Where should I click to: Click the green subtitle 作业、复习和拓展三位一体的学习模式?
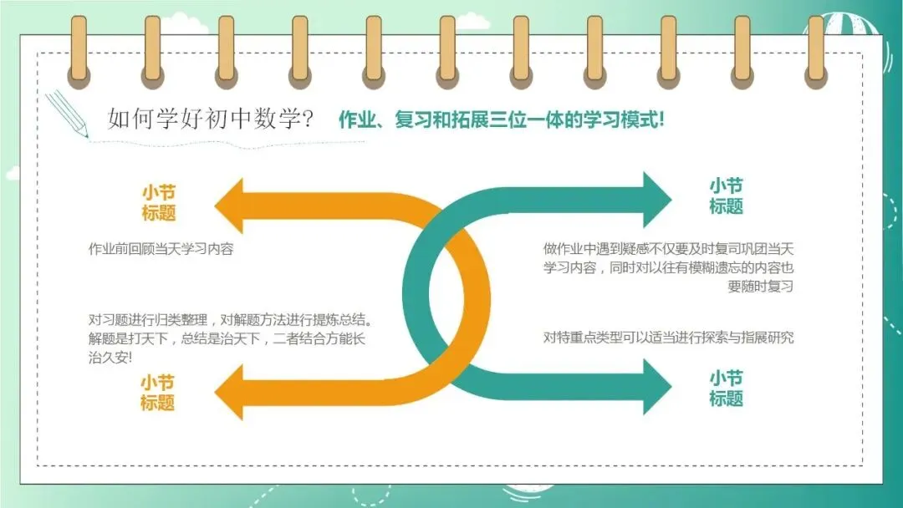click(x=502, y=119)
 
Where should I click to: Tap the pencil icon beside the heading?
click(x=68, y=114)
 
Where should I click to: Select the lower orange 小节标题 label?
click(x=158, y=392)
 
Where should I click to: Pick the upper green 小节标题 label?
click(x=726, y=196)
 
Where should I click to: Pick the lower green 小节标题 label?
click(x=726, y=389)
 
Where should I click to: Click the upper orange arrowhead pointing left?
click(x=236, y=206)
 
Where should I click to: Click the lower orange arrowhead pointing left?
click(x=236, y=392)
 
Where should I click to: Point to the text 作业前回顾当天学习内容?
click(x=161, y=249)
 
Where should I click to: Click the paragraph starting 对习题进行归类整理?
click(x=231, y=338)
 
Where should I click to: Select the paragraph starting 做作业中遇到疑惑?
click(x=667, y=267)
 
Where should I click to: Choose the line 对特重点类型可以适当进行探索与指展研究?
click(x=667, y=338)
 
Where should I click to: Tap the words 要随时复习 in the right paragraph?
click(x=761, y=287)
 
